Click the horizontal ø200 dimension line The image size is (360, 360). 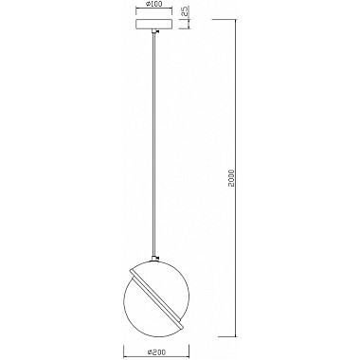155,343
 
